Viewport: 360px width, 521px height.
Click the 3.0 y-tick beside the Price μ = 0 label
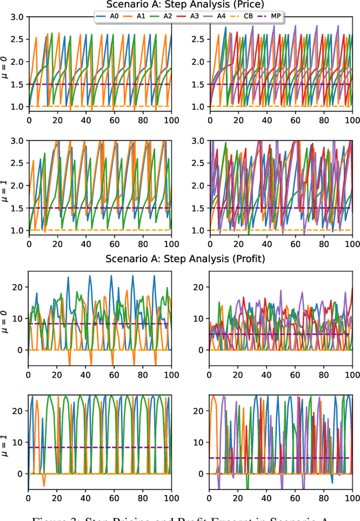coord(17,17)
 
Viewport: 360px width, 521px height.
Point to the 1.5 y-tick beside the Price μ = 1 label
coord(17,208)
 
